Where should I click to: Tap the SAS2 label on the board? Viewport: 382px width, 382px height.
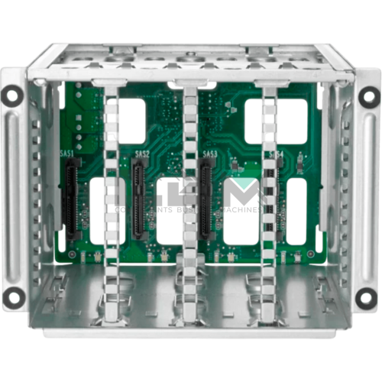pyautogui.click(x=141, y=154)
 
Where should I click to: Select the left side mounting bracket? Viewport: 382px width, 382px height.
pyautogui.click(x=14, y=195)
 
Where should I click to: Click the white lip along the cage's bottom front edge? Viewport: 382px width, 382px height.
pyautogui.click(x=191, y=334)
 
